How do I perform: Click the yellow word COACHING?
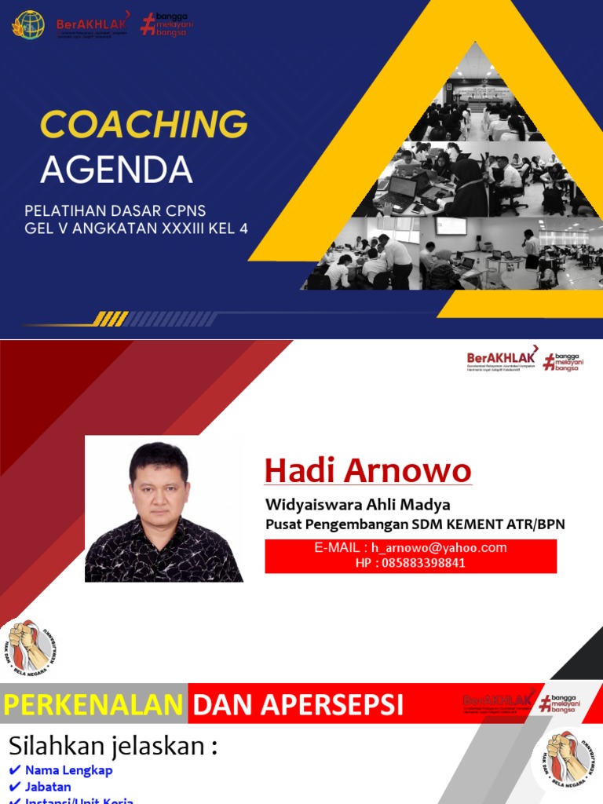[x=144, y=126]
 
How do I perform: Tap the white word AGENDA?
[x=117, y=169]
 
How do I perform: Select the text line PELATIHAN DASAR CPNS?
[x=115, y=212]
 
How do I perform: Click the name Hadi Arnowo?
[x=367, y=470]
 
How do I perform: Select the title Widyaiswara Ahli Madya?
[x=357, y=504]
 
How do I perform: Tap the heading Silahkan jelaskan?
[x=112, y=747]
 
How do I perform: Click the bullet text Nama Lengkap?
[x=68, y=770]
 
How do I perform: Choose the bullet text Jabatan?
[x=48, y=787]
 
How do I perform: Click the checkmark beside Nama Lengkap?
[x=15, y=770]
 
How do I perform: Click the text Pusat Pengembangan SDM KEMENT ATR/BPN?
[x=415, y=524]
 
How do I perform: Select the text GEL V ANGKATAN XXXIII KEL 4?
[x=137, y=229]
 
